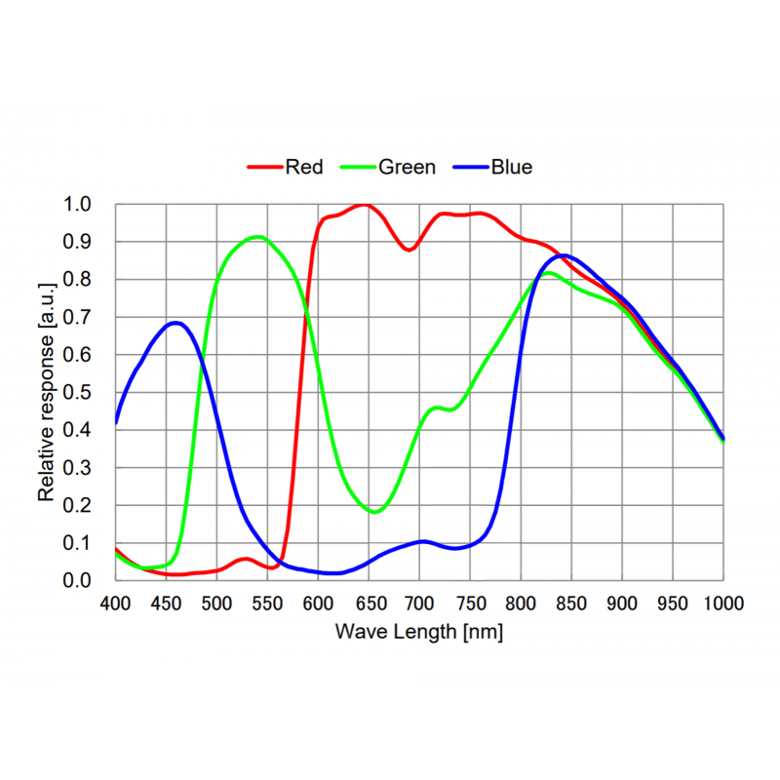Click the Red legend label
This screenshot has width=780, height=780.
[x=304, y=167]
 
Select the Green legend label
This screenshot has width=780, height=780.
[x=407, y=167]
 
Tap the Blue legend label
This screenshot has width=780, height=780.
[x=511, y=167]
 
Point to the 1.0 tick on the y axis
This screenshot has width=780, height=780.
[x=77, y=204]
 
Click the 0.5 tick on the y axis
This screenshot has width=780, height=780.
[x=77, y=393]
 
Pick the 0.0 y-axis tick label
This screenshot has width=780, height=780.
[x=77, y=580]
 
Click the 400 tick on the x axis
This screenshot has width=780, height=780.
[x=115, y=604]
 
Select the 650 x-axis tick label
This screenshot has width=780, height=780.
[x=370, y=604]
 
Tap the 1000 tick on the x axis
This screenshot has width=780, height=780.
[x=723, y=604]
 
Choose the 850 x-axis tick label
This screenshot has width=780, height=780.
[x=571, y=604]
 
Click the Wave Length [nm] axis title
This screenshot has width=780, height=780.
[x=419, y=632]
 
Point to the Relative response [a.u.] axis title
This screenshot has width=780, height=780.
[x=46, y=393]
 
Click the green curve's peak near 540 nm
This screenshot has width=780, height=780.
[x=258, y=237]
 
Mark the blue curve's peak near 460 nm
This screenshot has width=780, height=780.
[x=175, y=324]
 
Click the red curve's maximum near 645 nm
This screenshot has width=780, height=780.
[x=364, y=205]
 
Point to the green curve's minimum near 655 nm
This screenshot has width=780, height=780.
[x=375, y=512]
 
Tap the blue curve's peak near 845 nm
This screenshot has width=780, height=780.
[x=565, y=255]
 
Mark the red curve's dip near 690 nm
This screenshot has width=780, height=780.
[x=409, y=250]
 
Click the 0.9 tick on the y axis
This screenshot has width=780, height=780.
[x=77, y=242]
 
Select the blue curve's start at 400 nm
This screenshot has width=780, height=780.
[x=116, y=423]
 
